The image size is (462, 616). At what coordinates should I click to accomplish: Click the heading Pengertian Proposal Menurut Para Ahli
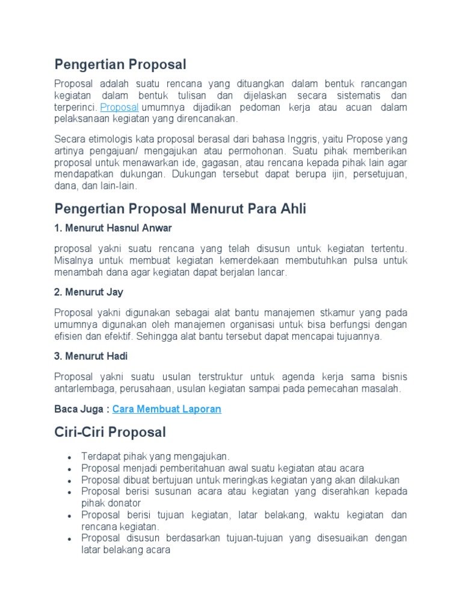point(180,209)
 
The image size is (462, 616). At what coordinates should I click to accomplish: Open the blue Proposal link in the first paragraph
point(119,107)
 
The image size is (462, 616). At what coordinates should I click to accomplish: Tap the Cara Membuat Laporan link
point(167,409)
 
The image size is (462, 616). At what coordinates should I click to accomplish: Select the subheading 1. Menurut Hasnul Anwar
point(113,228)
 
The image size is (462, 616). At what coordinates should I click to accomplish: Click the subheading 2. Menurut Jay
point(88,292)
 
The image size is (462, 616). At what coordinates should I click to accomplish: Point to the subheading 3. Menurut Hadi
point(91,356)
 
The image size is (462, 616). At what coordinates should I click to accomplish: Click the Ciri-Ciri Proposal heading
point(109,432)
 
